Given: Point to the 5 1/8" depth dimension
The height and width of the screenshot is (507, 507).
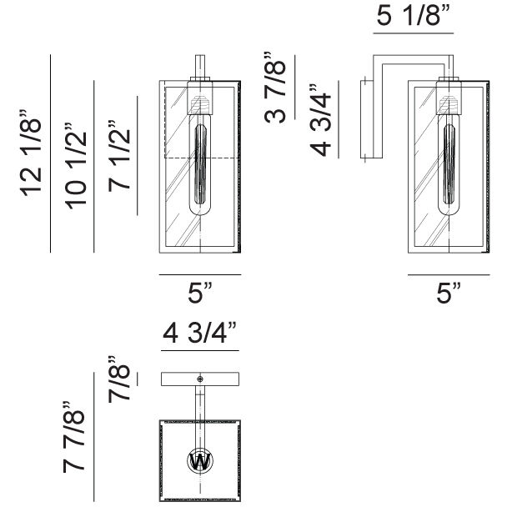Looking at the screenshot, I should (413, 17).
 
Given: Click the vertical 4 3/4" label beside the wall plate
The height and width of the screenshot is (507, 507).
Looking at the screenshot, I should (323, 119).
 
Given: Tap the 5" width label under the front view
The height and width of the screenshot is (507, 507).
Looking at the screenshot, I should (199, 294).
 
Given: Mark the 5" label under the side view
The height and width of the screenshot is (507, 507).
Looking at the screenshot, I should (449, 294).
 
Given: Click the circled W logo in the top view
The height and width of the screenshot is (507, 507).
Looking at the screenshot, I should (199, 460).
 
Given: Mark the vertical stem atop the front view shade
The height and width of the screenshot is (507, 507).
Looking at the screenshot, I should (199, 67).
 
